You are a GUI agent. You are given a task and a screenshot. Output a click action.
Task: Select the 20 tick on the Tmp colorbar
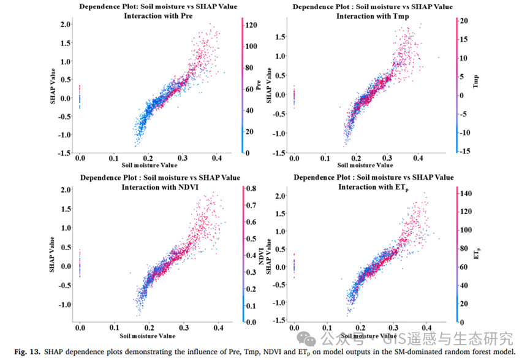464,21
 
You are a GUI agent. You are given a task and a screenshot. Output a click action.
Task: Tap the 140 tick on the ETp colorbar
466,193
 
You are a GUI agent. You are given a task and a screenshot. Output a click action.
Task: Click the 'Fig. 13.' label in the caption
25,351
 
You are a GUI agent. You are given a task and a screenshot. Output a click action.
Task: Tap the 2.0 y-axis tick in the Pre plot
65,24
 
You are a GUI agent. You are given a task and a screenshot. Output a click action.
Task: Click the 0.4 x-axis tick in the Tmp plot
418,158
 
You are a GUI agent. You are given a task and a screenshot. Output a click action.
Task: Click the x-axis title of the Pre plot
150,165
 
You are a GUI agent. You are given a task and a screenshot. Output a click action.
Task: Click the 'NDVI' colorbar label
261,254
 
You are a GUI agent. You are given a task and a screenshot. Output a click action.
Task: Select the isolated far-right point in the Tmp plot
439,58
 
